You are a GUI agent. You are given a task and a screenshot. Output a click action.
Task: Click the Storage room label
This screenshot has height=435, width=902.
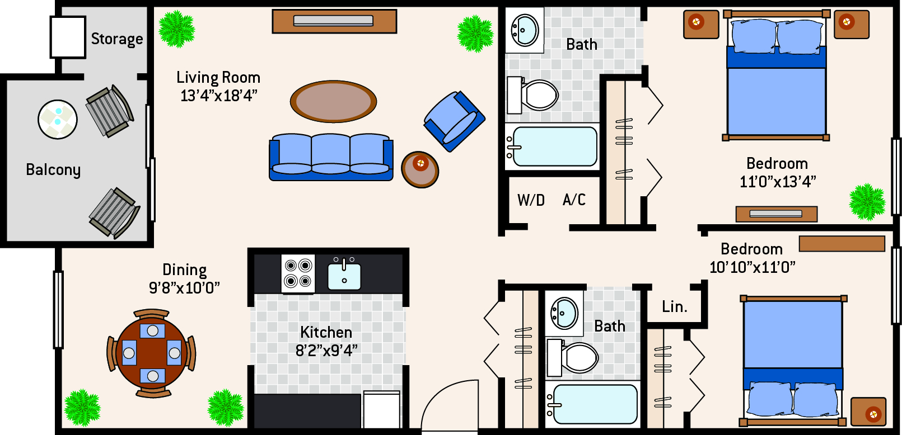[117, 39]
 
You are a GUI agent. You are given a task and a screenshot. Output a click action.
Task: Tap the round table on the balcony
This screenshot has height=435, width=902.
[58, 120]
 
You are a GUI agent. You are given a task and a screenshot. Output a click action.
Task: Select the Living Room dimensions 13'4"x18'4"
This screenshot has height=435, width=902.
[219, 96]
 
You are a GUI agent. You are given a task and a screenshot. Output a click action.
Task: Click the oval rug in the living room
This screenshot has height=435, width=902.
[333, 101]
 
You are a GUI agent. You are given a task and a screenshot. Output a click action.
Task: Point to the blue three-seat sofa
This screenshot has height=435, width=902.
[331, 157]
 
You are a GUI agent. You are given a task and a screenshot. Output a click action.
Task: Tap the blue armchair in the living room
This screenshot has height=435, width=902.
[454, 121]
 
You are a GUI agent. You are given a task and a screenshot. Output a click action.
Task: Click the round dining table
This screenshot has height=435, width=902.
[152, 353]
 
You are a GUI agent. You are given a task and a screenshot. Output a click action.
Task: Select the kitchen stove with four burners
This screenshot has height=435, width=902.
[298, 273]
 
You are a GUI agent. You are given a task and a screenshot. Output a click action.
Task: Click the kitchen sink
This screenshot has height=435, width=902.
[344, 274]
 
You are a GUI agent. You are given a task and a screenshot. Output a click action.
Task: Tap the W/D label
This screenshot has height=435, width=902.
[531, 200]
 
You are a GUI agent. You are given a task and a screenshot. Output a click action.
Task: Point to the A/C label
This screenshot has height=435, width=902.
[574, 200]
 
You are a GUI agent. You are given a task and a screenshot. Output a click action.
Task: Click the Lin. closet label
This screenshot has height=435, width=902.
[675, 307]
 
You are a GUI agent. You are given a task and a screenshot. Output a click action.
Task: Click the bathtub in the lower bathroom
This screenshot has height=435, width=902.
[592, 404]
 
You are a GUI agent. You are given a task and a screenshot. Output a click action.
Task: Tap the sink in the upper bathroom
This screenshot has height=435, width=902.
[525, 30]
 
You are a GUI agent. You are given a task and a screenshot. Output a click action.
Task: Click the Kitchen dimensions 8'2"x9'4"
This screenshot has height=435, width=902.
[326, 351]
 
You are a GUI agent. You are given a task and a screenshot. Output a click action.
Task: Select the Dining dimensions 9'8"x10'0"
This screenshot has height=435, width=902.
[184, 288]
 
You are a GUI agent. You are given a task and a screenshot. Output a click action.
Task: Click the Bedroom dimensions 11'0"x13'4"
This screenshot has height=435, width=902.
[778, 182]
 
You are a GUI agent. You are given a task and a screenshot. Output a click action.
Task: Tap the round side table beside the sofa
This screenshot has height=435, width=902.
[420, 169]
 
